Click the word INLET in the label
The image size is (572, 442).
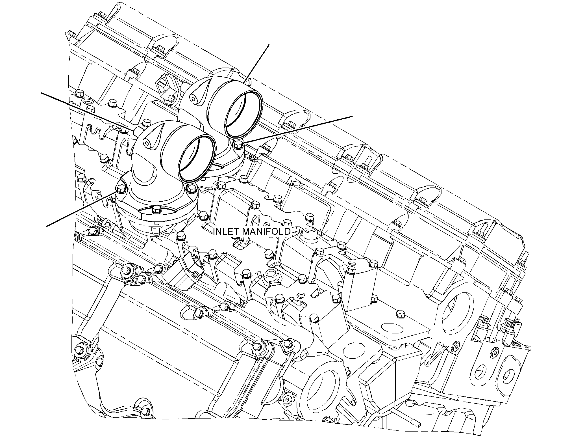tap(223, 232)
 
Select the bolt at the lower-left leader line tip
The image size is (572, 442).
tap(121, 189)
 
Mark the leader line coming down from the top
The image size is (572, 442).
tap(256, 64)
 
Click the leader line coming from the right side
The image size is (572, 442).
tap(298, 130)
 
